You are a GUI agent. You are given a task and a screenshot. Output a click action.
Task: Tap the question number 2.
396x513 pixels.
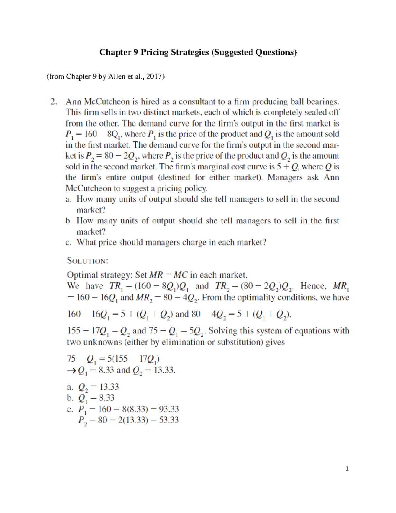click(54, 102)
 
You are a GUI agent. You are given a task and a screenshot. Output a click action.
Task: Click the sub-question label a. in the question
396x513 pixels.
click(68, 199)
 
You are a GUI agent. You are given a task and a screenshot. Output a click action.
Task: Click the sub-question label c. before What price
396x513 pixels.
click(68, 243)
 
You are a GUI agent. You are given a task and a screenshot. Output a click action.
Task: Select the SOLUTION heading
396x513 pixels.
click(87, 261)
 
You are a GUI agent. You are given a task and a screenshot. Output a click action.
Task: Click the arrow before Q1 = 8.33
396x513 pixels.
click(72, 371)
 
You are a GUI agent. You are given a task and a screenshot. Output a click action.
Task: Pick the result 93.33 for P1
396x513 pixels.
click(169, 409)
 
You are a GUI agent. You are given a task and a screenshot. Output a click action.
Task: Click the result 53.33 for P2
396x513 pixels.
click(169, 420)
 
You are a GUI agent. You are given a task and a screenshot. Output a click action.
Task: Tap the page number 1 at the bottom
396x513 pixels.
click(347, 468)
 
